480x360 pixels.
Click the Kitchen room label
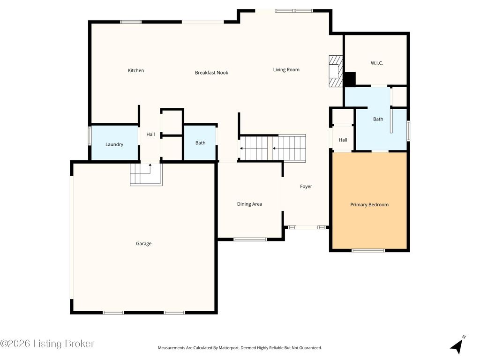(136, 70)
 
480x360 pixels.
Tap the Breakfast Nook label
(211, 73)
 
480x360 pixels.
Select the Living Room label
(286, 70)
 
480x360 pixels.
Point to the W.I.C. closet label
(376, 63)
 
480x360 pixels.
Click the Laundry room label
(114, 144)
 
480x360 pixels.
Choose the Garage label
(143, 244)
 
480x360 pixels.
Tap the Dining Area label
(249, 204)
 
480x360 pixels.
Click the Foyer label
(306, 187)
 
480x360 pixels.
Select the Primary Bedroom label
(369, 205)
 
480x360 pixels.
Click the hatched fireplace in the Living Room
(336, 71)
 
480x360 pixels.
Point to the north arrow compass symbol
(457, 345)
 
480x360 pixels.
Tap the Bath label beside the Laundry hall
(200, 143)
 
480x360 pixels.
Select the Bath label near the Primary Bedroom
(378, 119)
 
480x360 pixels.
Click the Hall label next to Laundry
(150, 135)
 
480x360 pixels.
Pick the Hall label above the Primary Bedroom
(343, 140)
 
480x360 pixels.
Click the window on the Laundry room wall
(90, 135)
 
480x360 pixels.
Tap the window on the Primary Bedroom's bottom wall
(368, 250)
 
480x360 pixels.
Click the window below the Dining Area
(250, 240)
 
